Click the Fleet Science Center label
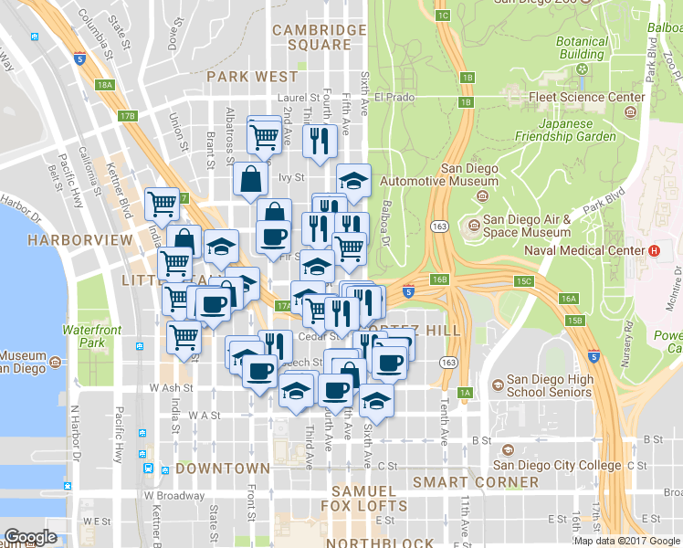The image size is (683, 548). (587, 97)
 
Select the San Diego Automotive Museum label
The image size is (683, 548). (469, 175)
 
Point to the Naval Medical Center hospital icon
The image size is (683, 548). (653, 250)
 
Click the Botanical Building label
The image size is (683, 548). (582, 47)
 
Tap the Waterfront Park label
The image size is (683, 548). (91, 336)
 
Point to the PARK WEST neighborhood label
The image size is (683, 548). (252, 77)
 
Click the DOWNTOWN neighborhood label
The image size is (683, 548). (223, 469)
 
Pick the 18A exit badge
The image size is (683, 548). (105, 85)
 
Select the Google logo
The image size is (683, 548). (30, 538)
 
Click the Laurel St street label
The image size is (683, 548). (301, 97)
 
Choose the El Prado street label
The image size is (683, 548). (394, 96)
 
